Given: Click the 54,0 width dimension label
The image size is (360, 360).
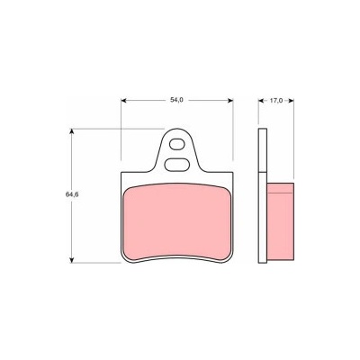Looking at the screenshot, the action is pyautogui.click(x=176, y=101).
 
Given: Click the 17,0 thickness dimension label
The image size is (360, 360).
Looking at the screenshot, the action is pyautogui.click(x=276, y=101).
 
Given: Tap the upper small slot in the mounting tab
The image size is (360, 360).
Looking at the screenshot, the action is pyautogui.click(x=176, y=144).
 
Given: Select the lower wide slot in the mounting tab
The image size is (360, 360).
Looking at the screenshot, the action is pyautogui.click(x=177, y=165).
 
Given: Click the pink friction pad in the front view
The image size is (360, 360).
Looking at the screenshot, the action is pyautogui.click(x=177, y=221).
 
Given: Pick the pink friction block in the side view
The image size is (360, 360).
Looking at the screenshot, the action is pyautogui.click(x=280, y=221).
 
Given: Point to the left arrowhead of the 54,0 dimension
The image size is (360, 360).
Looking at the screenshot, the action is pyautogui.click(x=123, y=101).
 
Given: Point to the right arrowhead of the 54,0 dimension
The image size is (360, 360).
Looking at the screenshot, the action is pyautogui.click(x=230, y=101).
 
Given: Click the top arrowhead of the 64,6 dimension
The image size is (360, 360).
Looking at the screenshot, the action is pyautogui.click(x=71, y=131).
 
